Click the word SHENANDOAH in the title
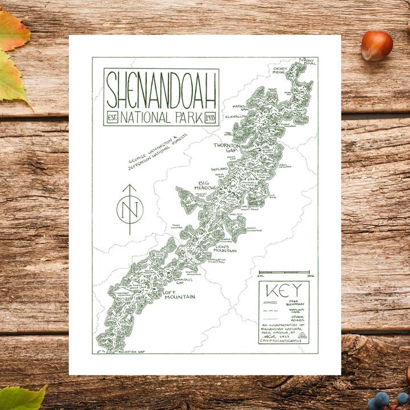coord(161,89)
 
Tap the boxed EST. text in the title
coord(112,118)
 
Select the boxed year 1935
coord(210,118)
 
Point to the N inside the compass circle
coord(130,209)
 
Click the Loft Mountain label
coord(179,294)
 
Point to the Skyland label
coord(219,169)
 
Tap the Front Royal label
coord(308,61)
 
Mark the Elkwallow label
coord(236,116)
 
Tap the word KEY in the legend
coord(284,290)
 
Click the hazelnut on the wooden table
coord(376,46)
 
